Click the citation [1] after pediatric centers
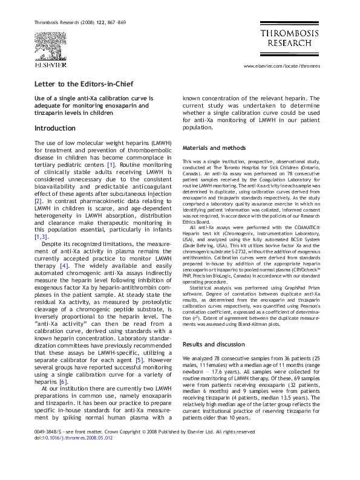click(x=111, y=164)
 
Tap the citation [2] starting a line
click(x=38, y=200)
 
